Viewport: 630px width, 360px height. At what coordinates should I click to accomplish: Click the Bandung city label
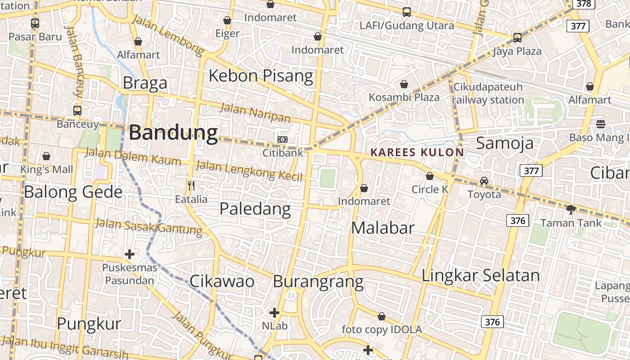[x=173, y=133]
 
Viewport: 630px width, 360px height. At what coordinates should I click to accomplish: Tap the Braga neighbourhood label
[x=144, y=83]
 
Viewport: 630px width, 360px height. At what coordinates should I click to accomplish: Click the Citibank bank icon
[x=282, y=139]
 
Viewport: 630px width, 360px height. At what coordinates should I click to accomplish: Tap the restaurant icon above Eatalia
[x=191, y=185]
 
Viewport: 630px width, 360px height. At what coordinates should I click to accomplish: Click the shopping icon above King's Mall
[x=46, y=156]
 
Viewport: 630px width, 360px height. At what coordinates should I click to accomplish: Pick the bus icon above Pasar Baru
[x=35, y=23]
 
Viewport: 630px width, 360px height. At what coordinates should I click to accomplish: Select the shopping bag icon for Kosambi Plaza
[x=404, y=84]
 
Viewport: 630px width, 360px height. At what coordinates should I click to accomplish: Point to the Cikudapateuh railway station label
[x=488, y=93]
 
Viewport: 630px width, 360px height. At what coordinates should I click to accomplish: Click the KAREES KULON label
[x=417, y=152]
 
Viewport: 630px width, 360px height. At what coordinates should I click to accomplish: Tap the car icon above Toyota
[x=484, y=181]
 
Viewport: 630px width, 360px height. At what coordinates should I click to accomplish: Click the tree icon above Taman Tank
[x=571, y=209]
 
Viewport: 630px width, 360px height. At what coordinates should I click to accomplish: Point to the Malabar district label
[x=382, y=228]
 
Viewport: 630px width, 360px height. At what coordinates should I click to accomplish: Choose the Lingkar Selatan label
[x=480, y=275]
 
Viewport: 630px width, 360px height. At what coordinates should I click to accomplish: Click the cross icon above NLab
[x=274, y=312]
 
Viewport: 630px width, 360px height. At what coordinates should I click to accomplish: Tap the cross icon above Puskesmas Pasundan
[x=130, y=254]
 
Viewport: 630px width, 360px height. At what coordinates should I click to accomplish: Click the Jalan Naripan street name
[x=255, y=112]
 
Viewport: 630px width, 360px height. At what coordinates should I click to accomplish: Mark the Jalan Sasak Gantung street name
[x=148, y=226]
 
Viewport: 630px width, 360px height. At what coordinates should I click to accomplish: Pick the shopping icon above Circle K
[x=430, y=176]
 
